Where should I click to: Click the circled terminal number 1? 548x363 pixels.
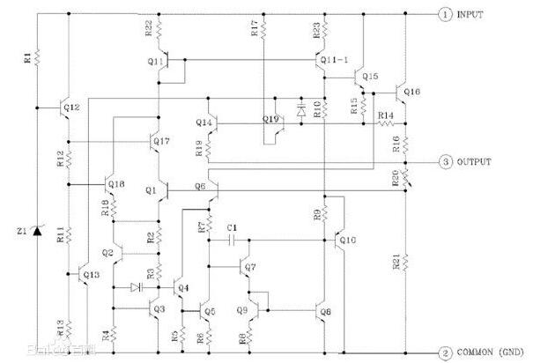[446, 14]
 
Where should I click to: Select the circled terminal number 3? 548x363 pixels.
[446, 162]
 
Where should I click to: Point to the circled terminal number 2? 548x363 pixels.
[446, 352]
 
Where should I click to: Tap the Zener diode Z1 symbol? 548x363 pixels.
[36, 231]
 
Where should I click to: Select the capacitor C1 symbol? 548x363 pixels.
[231, 240]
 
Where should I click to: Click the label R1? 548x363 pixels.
[27, 57]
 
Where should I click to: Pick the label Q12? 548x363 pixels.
[72, 107]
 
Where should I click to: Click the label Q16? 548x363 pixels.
[412, 92]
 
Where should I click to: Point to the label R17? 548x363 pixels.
[255, 29]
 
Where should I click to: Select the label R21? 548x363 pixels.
[396, 261]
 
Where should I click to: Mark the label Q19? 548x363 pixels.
[270, 118]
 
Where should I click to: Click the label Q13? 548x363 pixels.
[92, 275]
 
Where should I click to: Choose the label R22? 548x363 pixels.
[148, 29]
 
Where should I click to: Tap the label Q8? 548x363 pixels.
[326, 311]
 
